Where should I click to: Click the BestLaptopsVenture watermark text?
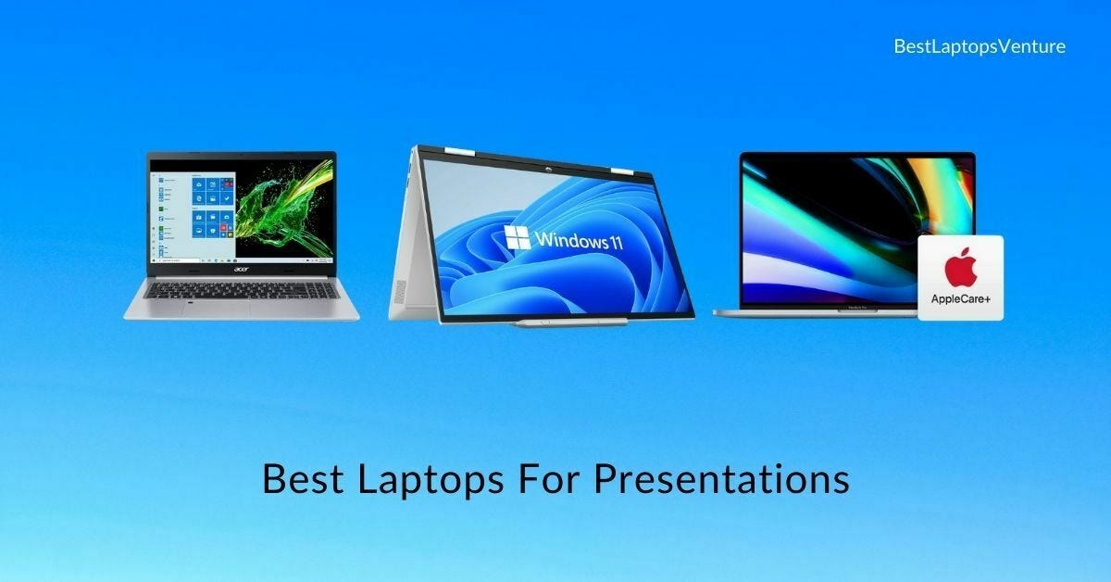pyautogui.click(x=980, y=45)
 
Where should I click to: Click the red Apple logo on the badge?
pyautogui.click(x=960, y=270)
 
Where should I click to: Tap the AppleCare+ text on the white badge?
pyautogui.click(x=960, y=299)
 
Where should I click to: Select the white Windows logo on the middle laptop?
pyautogui.click(x=518, y=236)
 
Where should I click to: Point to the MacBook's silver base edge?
pyautogui.click(x=815, y=312)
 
